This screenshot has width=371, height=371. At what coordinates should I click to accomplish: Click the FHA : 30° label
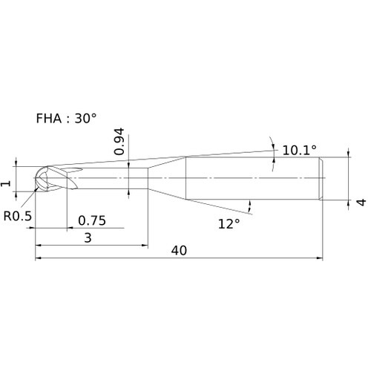(66, 118)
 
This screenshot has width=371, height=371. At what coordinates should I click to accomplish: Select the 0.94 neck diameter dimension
(119, 142)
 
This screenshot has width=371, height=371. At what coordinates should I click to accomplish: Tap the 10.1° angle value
(299, 150)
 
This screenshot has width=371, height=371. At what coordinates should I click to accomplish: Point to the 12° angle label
(229, 224)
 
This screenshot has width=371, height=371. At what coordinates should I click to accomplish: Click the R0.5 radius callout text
(18, 216)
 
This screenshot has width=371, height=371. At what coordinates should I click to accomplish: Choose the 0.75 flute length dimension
(92, 220)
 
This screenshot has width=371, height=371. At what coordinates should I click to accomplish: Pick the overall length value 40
(179, 251)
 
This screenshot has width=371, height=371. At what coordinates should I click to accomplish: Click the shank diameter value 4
(361, 202)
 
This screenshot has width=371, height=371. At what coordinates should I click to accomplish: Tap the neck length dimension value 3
(88, 238)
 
